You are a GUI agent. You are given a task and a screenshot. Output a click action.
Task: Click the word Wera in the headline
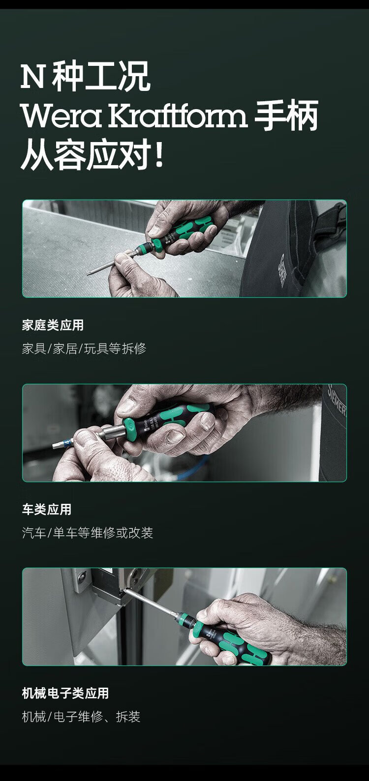tap(61, 116)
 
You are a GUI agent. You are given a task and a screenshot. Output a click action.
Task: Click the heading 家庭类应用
tap(53, 325)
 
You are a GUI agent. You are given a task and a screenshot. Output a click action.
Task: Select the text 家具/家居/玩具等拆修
tap(84, 348)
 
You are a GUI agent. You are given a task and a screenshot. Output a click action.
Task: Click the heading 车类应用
tap(46, 509)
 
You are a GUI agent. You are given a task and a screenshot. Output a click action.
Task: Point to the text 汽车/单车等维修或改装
tap(87, 533)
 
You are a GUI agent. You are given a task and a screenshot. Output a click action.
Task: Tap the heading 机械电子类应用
tap(65, 694)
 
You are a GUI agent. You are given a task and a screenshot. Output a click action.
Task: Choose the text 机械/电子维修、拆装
tap(81, 717)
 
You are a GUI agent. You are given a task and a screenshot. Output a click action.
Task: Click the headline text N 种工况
tap(86, 76)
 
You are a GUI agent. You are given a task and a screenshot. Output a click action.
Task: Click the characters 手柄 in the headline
tap(286, 116)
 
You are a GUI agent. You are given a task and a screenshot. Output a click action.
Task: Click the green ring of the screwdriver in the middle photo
tap(129, 428)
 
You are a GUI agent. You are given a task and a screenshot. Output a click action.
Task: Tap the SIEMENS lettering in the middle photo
tap(337, 401)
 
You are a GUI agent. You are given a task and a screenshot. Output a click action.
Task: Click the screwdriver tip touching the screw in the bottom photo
tap(124, 590)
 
